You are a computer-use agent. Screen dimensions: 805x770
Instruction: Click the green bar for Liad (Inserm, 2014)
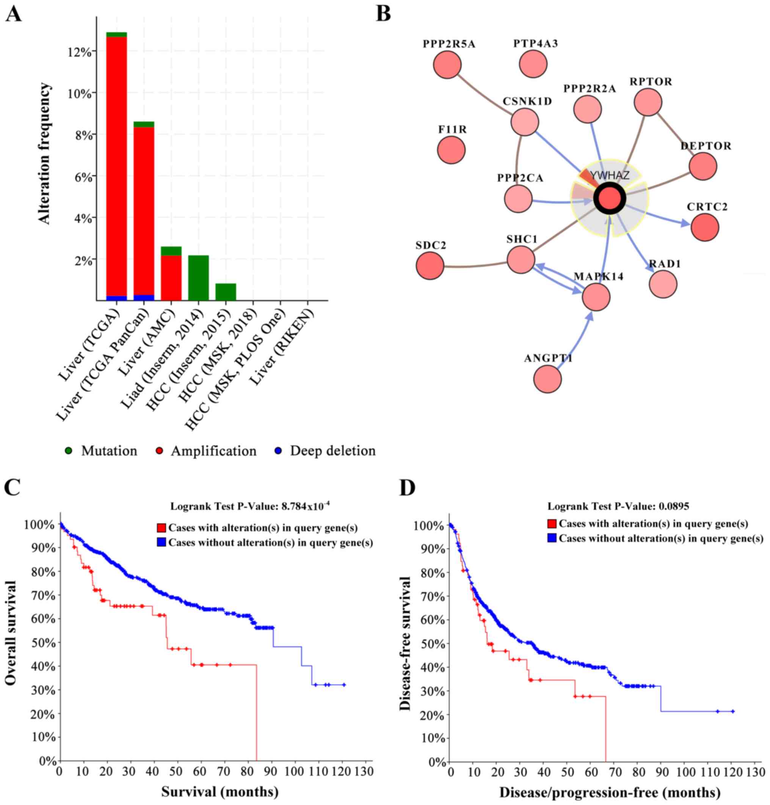coord(198,278)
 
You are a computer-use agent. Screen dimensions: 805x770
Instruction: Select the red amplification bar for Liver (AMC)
coord(171,278)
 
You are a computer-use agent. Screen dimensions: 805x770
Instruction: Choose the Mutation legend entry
coord(102,451)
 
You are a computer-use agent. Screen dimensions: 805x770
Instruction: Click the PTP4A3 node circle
coord(533,64)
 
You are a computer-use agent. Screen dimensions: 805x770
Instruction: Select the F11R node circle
coord(451,150)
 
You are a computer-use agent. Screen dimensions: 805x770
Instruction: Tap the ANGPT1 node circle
coord(547,379)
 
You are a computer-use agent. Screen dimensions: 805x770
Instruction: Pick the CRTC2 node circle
coord(705,227)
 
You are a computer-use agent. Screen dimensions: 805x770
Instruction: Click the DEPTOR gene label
coord(706,146)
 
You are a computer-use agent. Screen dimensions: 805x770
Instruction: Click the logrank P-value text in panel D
coord(618,506)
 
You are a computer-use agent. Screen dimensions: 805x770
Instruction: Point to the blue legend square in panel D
coord(552,538)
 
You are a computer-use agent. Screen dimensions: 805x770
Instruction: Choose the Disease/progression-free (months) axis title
coord(610,792)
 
